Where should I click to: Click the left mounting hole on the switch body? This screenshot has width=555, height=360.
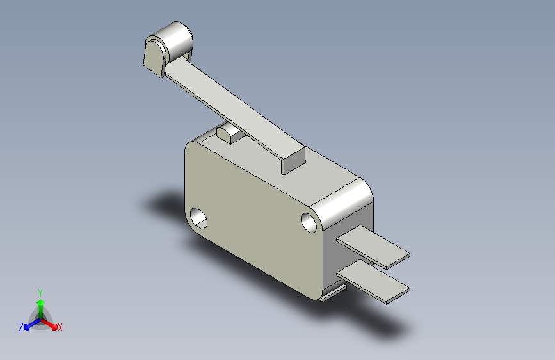tap(198, 218)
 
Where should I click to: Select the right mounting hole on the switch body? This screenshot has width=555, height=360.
tap(309, 222)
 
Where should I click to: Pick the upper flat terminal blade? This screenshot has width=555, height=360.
tap(373, 247)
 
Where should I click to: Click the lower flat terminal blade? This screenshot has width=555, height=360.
tap(373, 282)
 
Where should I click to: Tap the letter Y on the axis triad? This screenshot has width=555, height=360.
tap(40, 293)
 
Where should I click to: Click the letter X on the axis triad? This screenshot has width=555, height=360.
tap(60, 327)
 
